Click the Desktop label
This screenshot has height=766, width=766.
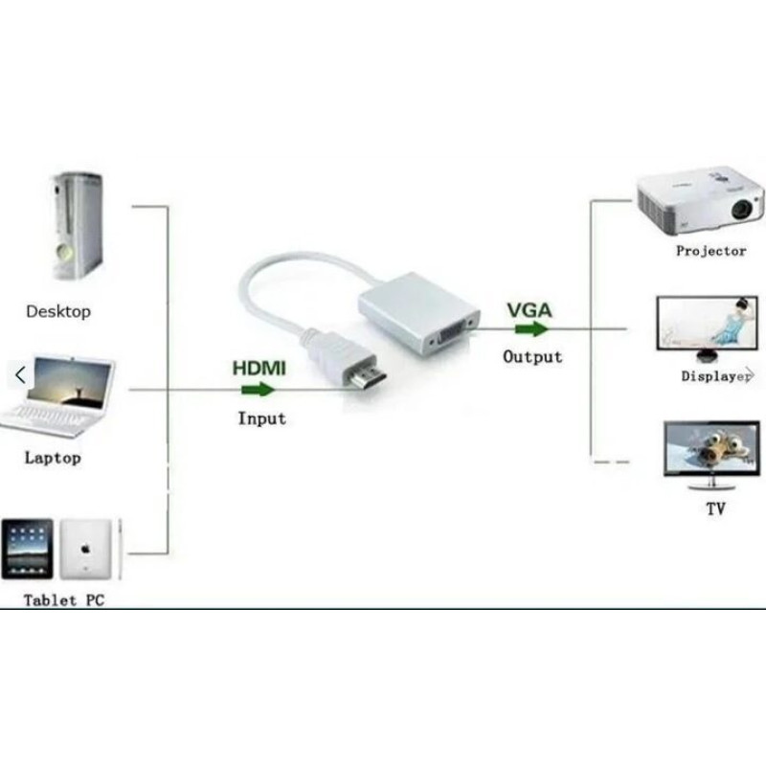pyautogui.click(x=58, y=311)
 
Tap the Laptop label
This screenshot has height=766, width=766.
pyautogui.click(x=53, y=459)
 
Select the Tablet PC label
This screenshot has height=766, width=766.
pyautogui.click(x=64, y=600)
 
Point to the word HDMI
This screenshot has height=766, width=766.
pyautogui.click(x=259, y=369)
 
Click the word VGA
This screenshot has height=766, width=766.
pyautogui.click(x=529, y=310)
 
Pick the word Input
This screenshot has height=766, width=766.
pyautogui.click(x=261, y=418)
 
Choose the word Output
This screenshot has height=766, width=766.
pyautogui.click(x=532, y=356)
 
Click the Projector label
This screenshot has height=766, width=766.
pyautogui.click(x=710, y=251)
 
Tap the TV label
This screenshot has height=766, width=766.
pyautogui.click(x=715, y=509)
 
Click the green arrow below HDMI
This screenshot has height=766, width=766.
pyautogui.click(x=258, y=390)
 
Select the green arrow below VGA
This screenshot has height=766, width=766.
pyautogui.click(x=531, y=329)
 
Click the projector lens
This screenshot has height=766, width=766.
pyautogui.click(x=741, y=210)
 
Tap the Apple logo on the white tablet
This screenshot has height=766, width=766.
pyautogui.click(x=85, y=550)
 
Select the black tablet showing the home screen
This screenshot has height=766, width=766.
pyautogui.click(x=28, y=550)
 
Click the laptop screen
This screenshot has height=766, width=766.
pyautogui.click(x=69, y=382)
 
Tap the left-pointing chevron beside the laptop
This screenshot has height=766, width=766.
pyautogui.click(x=20, y=375)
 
